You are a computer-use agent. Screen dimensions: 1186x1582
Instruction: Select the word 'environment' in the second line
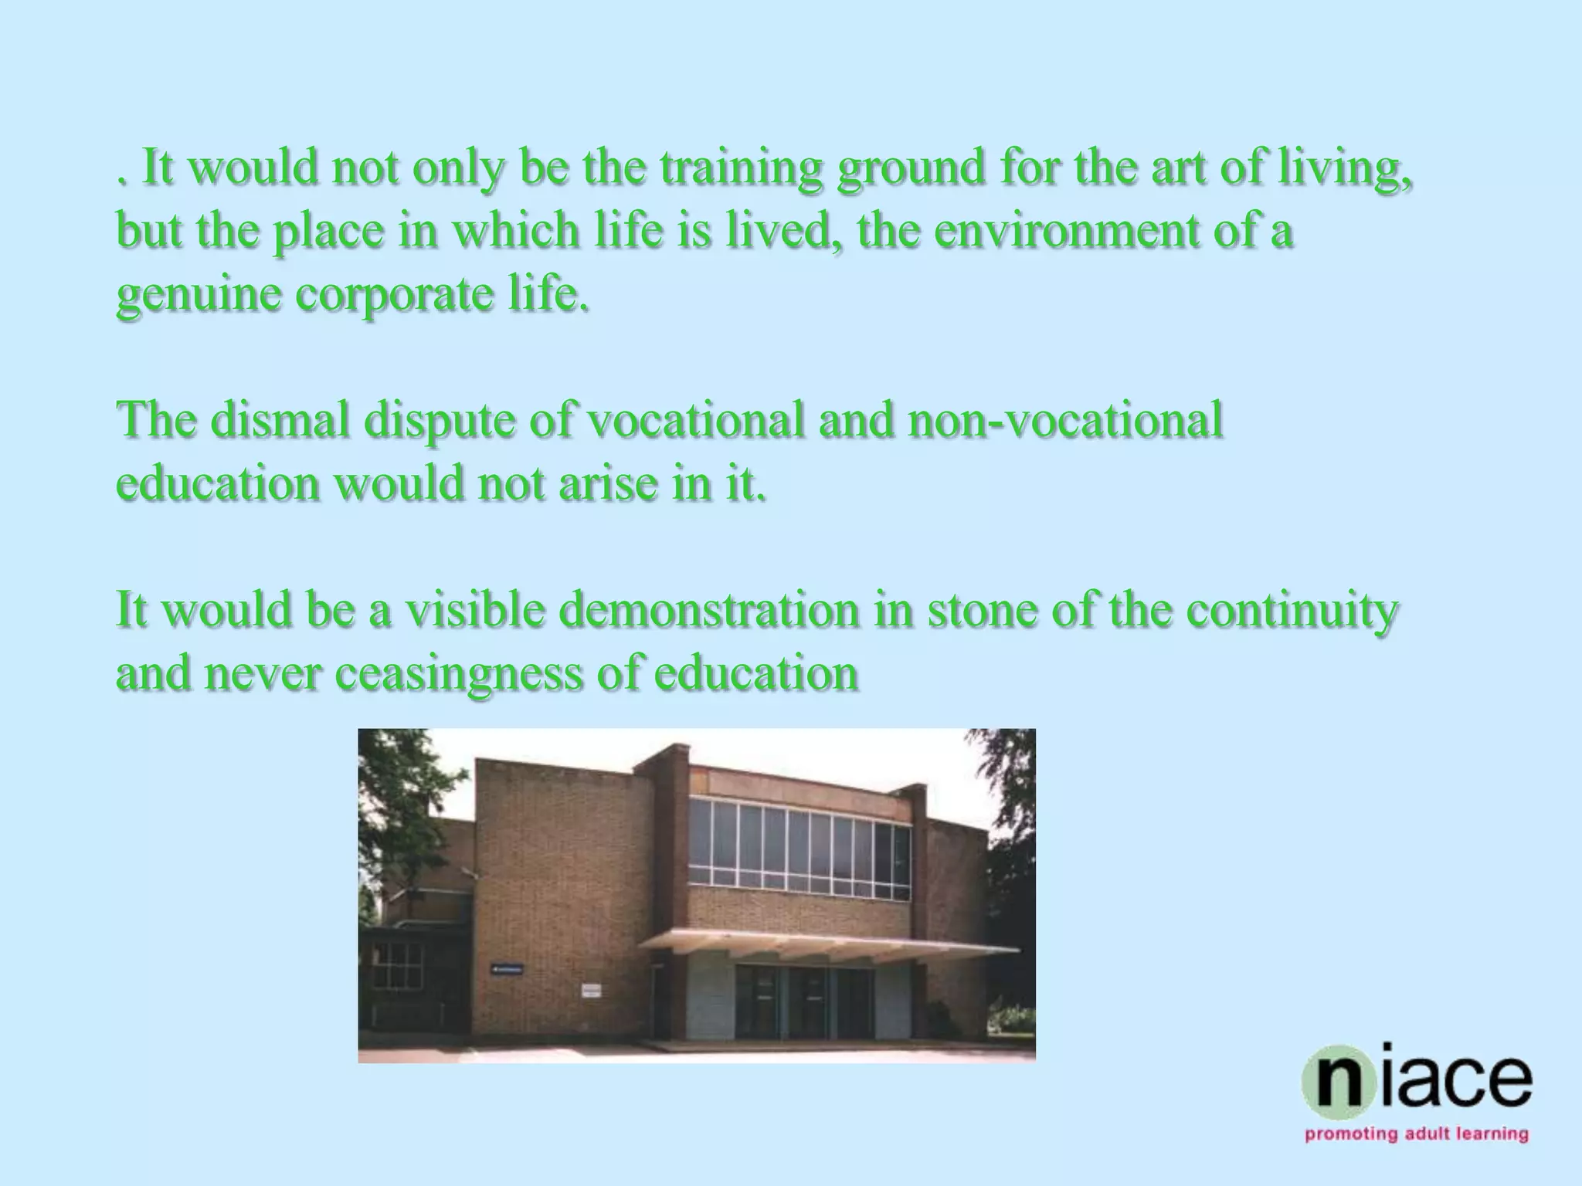(1061, 232)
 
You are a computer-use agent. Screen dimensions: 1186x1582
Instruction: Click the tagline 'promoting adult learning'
(1417, 1156)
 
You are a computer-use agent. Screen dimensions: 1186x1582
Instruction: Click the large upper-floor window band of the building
(799, 852)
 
